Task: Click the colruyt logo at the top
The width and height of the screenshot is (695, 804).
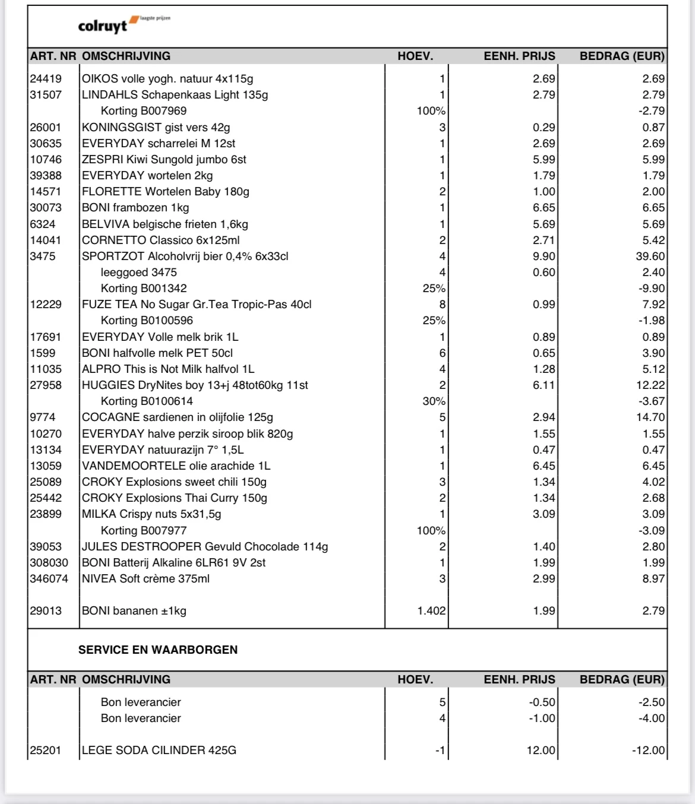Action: click(124, 25)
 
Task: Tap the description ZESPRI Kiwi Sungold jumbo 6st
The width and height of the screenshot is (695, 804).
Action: click(164, 160)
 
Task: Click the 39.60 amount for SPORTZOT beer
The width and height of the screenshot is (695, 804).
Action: click(650, 257)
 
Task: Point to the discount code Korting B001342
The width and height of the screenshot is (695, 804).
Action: click(144, 289)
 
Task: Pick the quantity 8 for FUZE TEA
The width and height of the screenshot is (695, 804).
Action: click(442, 305)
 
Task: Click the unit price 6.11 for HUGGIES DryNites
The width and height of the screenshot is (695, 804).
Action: click(544, 385)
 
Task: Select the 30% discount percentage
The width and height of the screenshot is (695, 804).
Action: click(434, 401)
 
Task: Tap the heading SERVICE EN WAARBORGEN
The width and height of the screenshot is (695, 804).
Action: click(158, 650)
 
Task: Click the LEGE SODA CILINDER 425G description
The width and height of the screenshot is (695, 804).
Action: click(159, 751)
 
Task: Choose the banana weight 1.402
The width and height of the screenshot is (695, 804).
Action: click(431, 611)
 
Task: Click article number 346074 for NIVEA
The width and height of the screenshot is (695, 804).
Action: click(49, 579)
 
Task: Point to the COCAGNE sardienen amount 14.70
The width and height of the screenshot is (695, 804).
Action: click(650, 417)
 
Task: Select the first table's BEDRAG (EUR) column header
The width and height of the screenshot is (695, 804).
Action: click(622, 56)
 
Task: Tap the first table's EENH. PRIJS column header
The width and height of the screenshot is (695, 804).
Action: click(519, 56)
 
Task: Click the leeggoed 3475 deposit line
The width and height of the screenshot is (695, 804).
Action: click(139, 273)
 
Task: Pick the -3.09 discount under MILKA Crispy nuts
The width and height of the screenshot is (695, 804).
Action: click(652, 531)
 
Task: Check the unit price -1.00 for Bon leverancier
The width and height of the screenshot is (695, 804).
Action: click(542, 718)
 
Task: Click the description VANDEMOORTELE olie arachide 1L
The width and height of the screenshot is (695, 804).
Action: click(176, 466)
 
